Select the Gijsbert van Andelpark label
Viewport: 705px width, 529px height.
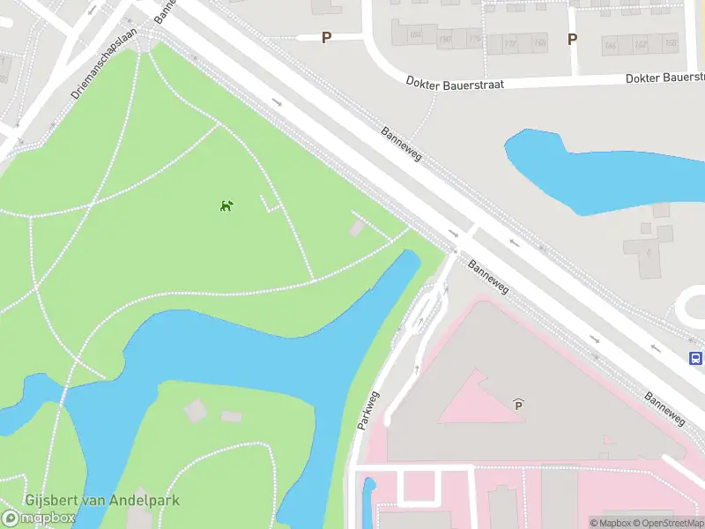(102, 501)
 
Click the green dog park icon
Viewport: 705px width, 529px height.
(226, 206)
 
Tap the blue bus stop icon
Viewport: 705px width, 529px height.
(695, 358)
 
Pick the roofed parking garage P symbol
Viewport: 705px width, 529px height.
(519, 405)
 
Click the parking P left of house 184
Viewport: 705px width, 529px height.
(327, 38)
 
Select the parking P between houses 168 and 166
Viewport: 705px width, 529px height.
(572, 39)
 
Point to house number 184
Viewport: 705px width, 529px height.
(414, 35)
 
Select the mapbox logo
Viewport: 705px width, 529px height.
(39, 518)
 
